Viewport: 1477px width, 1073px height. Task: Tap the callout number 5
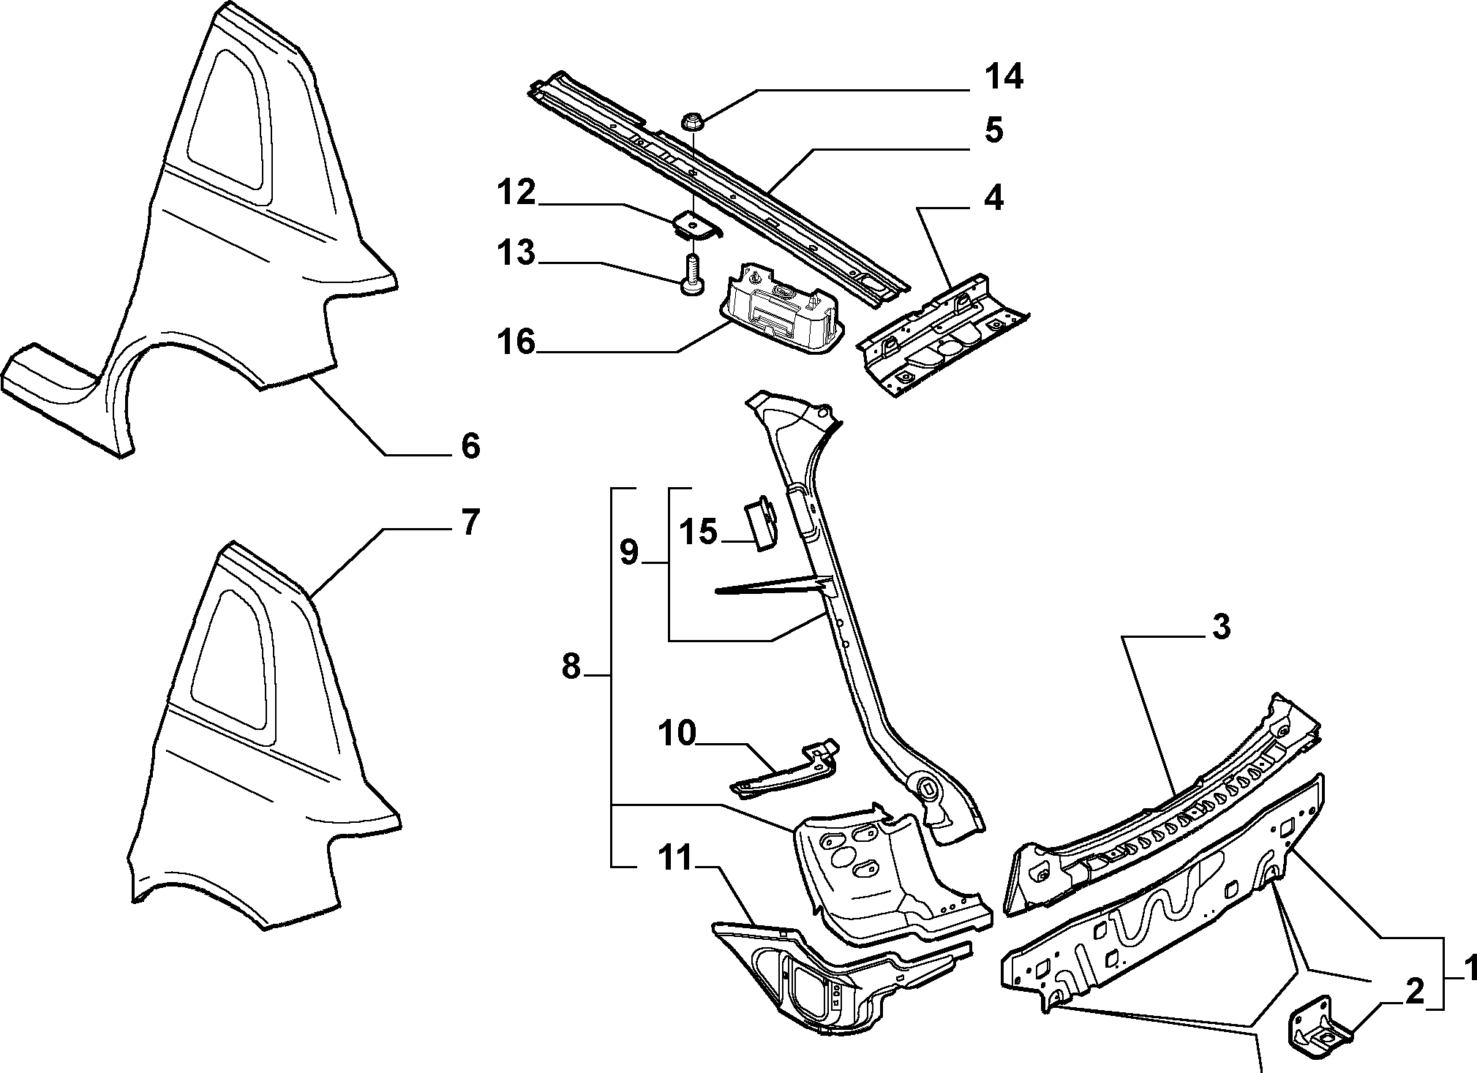(x=993, y=130)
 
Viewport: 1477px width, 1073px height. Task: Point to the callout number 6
(x=470, y=445)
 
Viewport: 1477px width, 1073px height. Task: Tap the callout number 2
(x=1413, y=993)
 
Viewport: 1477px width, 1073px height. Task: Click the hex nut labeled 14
(x=692, y=121)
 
